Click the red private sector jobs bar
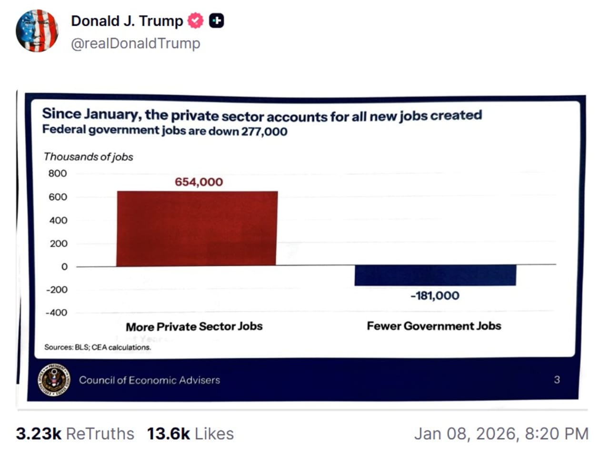[197, 229]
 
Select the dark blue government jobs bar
[435, 275]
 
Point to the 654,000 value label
[199, 182]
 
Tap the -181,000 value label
[435, 296]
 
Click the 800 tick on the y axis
[58, 173]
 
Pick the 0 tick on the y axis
[64, 267]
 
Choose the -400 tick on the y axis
[57, 313]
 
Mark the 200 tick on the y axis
[58, 243]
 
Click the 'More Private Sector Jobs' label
[194, 327]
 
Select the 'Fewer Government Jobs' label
[434, 326]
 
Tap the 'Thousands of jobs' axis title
[89, 157]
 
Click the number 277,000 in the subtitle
[264, 131]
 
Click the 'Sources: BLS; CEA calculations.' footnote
[98, 347]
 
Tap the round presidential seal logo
[54, 380]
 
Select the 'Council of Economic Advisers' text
[150, 380]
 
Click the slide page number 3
[557, 380]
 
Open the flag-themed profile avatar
[37, 30]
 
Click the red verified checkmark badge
[195, 21]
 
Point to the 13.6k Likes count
[190, 434]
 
